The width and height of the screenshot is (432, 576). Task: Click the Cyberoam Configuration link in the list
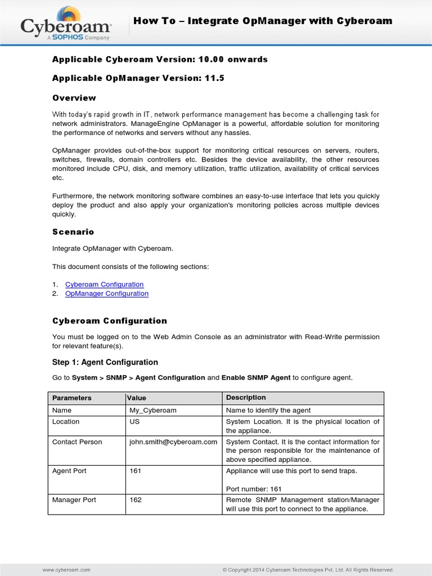[x=104, y=284]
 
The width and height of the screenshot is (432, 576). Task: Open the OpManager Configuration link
[x=107, y=293]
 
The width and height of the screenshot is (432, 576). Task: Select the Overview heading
[x=74, y=97]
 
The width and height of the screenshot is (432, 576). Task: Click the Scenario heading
[x=73, y=232]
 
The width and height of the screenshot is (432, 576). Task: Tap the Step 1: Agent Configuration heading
[x=105, y=362]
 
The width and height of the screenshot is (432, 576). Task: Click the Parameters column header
[x=71, y=398]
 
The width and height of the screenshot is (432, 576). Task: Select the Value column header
[x=138, y=398]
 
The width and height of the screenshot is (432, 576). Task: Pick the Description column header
[x=246, y=398]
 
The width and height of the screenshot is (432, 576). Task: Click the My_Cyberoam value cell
[x=153, y=410]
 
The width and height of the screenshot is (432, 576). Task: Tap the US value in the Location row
[x=134, y=421]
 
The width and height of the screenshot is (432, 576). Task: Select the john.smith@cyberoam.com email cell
[x=173, y=442]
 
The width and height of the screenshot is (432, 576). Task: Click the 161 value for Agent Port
[x=136, y=471]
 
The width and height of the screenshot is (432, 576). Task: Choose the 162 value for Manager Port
[x=136, y=499]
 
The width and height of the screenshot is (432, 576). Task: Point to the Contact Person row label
[x=77, y=442]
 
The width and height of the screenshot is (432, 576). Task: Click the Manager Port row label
[x=74, y=499]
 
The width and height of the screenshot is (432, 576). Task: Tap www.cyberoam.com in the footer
[x=66, y=570]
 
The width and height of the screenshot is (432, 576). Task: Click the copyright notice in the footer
[x=308, y=570]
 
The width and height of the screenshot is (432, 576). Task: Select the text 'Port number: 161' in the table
[x=254, y=489]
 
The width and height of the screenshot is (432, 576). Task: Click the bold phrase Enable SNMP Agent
[x=256, y=377]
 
